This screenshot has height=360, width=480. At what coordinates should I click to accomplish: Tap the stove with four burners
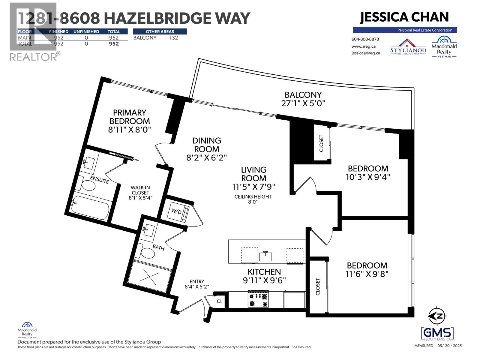258,300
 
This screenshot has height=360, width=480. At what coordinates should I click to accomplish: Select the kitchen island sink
265,256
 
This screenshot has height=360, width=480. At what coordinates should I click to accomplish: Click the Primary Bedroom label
130,117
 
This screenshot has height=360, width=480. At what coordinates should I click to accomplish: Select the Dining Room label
207,145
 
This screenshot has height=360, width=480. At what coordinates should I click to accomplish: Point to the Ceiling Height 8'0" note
253,199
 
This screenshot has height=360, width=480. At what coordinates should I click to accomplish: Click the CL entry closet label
220,301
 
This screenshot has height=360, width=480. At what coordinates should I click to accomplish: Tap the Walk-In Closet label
140,190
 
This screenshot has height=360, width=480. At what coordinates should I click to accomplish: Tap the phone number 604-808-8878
365,39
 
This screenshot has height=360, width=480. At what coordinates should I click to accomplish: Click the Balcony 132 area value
173,38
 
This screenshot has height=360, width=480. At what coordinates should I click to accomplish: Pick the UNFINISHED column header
86,31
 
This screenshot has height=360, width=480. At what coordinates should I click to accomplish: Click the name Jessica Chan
404,17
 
